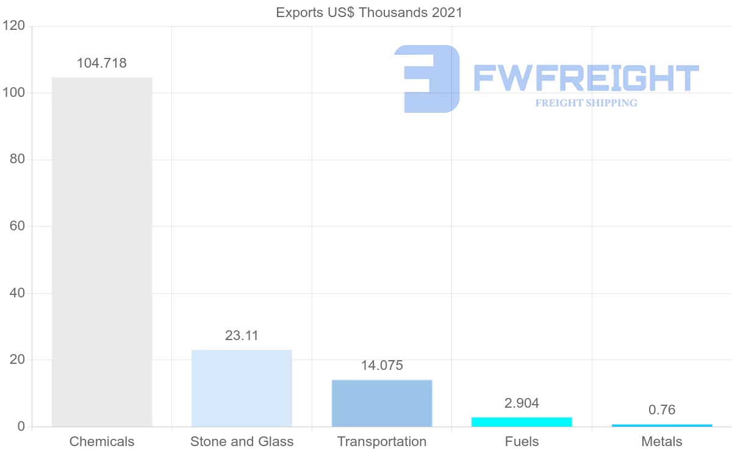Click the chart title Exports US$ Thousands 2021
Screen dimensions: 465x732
(x=369, y=12)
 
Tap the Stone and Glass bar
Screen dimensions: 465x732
(x=242, y=388)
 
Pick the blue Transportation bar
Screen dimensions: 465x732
(x=382, y=403)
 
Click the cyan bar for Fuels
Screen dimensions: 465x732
(x=522, y=422)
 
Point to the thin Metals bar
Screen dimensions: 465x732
(x=662, y=425)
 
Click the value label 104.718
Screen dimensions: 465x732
(x=102, y=63)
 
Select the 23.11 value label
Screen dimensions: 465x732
(x=242, y=335)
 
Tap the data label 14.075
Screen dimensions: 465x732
(x=382, y=365)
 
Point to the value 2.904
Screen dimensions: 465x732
(x=522, y=403)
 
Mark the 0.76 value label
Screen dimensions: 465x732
(x=662, y=410)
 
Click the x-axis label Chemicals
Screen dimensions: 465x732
(x=102, y=441)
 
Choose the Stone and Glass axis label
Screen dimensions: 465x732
(x=242, y=441)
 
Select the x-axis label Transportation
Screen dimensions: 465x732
(x=382, y=441)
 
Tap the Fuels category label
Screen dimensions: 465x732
(x=522, y=441)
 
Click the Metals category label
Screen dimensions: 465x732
(x=662, y=441)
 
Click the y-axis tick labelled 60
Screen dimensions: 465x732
(x=17, y=226)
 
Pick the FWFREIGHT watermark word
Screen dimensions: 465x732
(x=586, y=78)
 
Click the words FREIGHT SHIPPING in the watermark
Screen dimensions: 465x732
(x=586, y=103)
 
